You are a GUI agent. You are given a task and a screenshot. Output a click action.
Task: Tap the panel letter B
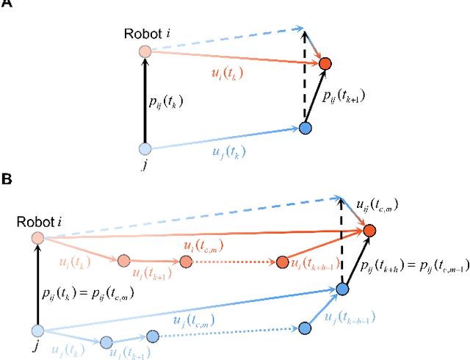(6, 179)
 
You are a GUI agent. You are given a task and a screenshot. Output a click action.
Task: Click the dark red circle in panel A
(324, 65)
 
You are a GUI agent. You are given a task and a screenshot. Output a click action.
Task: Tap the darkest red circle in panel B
(369, 231)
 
